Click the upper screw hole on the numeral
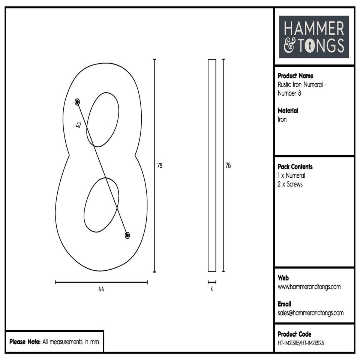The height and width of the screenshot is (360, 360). click(77, 102)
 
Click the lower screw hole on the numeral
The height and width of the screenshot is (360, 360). click(127, 235)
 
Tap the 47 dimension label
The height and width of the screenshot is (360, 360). click(78, 126)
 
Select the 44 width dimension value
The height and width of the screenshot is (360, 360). click(101, 289)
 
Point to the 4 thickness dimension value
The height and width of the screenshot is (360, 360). click(212, 289)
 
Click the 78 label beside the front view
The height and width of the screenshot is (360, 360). click(160, 165)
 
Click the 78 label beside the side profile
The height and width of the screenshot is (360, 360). click(228, 165)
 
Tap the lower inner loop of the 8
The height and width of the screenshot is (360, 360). click(101, 205)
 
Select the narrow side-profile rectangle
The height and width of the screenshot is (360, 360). click(212, 165)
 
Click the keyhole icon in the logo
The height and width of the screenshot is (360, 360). click(311, 46)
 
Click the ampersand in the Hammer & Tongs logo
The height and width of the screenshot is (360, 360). click(289, 46)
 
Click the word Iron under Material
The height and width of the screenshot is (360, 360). click(282, 120)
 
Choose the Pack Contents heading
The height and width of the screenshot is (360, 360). click(295, 166)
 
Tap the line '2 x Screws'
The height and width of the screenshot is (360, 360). click(290, 184)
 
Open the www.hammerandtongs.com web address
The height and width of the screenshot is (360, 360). click(309, 287)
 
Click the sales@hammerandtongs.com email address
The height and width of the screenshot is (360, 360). click(310, 313)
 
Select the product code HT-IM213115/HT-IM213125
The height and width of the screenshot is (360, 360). click(301, 343)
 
